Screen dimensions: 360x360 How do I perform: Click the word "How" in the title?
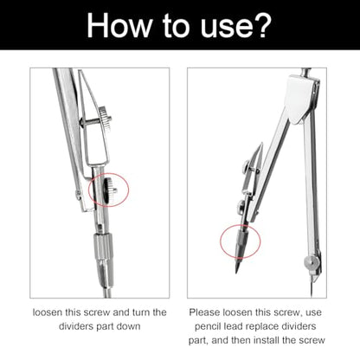point(119,25)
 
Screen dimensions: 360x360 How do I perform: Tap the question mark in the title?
point(260,25)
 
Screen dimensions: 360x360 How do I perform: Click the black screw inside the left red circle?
point(109,190)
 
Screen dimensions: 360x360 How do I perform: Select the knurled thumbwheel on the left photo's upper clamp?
point(105,119)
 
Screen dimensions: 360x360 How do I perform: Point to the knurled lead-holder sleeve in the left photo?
point(103,245)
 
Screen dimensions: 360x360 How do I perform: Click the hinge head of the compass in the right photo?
point(302,98)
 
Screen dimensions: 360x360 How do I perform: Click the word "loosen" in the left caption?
point(48,312)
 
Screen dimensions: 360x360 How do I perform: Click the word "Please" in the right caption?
point(204,312)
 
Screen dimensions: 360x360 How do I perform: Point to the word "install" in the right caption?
point(265,340)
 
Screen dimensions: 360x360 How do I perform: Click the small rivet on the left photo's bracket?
point(78,194)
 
